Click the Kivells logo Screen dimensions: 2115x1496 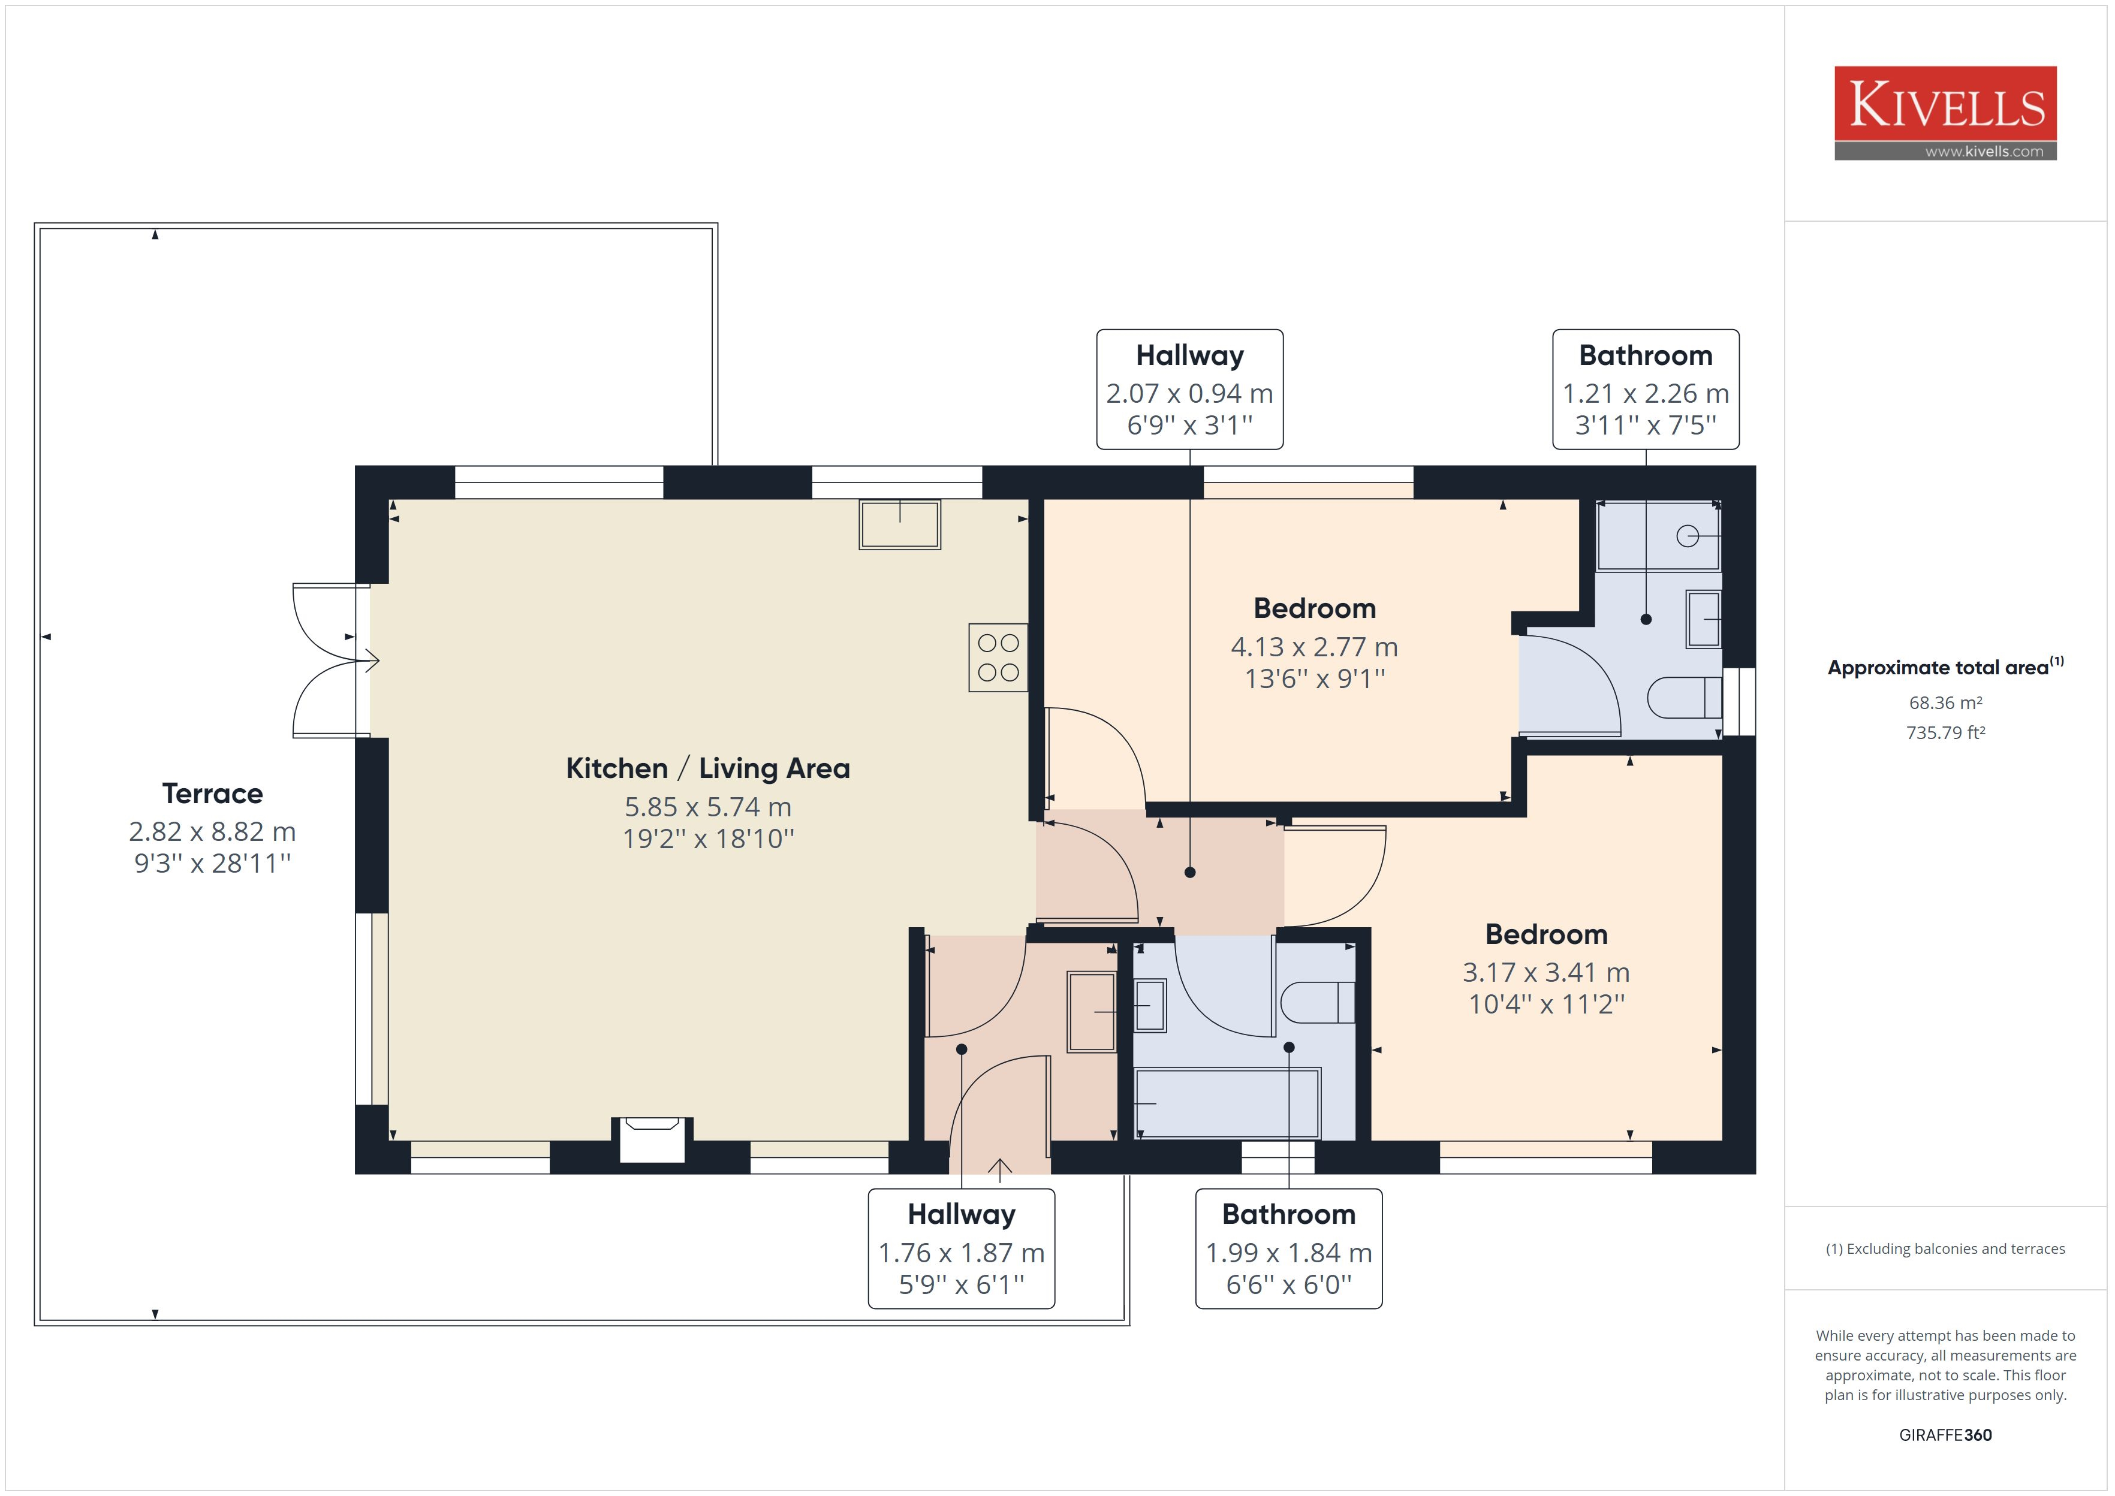tap(1945, 113)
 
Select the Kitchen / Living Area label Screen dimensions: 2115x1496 tap(707, 768)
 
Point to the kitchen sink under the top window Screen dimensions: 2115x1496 tap(900, 524)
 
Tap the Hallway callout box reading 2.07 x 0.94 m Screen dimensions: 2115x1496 tap(1189, 390)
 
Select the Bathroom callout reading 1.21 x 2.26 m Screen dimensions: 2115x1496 tap(1645, 390)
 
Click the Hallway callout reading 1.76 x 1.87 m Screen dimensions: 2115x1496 tap(961, 1248)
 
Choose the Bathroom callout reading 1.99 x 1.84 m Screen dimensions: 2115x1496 tap(1289, 1248)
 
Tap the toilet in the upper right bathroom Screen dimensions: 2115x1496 tap(1684, 697)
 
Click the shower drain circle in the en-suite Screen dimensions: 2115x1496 tap(1686, 535)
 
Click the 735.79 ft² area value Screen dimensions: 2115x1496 tap(1945, 732)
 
